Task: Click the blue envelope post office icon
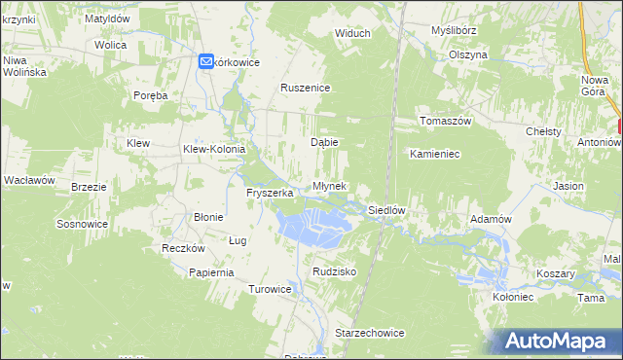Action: coord(206,61)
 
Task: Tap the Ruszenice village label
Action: coord(307,88)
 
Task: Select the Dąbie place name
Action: coord(324,141)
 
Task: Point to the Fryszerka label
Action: coord(270,193)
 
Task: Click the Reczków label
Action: coord(181,248)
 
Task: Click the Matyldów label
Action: coord(107,18)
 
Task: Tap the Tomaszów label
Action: coord(445,121)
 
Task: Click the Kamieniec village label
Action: coord(434,154)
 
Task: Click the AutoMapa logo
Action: coord(558,341)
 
